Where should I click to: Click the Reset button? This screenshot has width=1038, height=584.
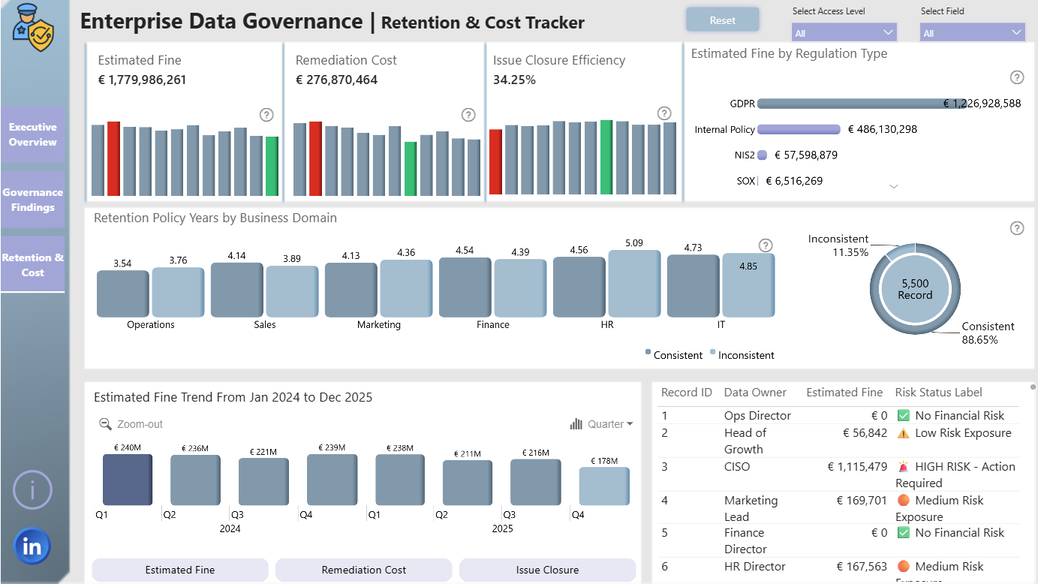(723, 20)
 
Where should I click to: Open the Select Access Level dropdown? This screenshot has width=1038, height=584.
(844, 33)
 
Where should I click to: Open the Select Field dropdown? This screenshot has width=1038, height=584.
(972, 33)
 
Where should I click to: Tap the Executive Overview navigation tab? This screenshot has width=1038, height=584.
(32, 134)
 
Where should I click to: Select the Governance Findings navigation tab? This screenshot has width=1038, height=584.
(32, 200)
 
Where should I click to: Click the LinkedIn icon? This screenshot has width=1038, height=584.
(32, 546)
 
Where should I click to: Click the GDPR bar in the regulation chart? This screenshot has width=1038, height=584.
(862, 104)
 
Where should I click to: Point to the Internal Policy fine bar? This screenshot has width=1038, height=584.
(799, 129)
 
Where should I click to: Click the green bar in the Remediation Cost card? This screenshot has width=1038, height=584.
(411, 169)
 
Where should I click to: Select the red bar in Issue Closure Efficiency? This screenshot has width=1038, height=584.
(496, 161)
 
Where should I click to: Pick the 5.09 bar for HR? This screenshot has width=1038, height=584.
(634, 284)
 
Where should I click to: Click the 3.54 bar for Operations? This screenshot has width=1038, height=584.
(123, 294)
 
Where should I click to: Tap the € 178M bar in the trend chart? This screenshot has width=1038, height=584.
(604, 486)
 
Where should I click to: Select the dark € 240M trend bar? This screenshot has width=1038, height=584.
(128, 480)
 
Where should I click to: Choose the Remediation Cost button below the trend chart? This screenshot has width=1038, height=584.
(364, 570)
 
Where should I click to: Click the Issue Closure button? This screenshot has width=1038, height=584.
(547, 570)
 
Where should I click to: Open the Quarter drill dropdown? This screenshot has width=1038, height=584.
(602, 424)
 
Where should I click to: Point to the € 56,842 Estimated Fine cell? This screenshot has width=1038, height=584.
(865, 433)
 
